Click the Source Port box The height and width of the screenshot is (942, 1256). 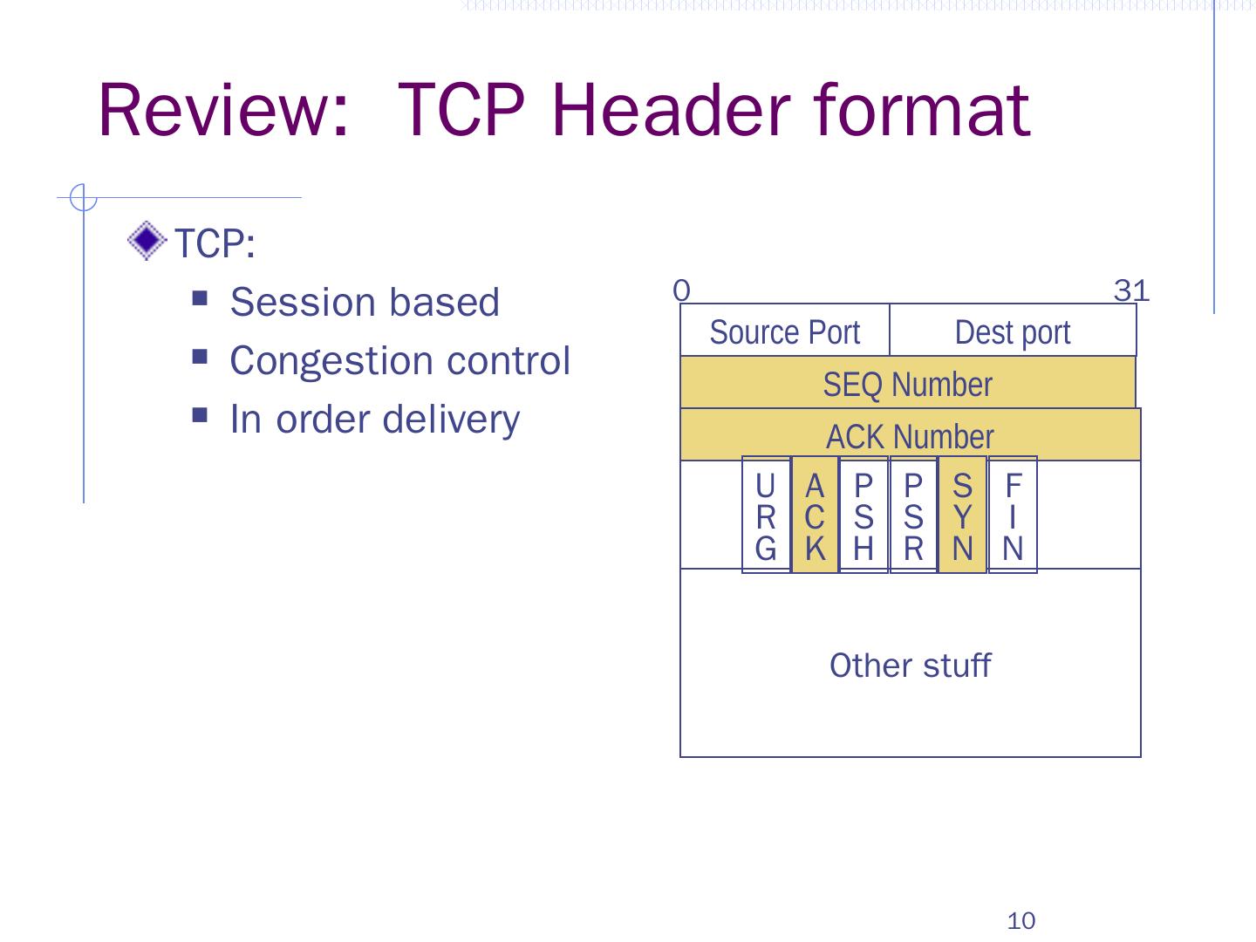[x=784, y=331]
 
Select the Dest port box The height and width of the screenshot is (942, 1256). [x=1013, y=331]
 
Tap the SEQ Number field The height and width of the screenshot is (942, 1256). [x=907, y=384]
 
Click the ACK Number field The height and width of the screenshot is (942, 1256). [x=910, y=436]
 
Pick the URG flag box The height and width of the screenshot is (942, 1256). [x=766, y=515]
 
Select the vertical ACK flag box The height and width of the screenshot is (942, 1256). [x=815, y=515]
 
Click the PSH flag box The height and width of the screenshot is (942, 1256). [x=863, y=515]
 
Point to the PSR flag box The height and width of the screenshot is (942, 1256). [x=913, y=515]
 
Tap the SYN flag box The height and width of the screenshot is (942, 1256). [x=962, y=515]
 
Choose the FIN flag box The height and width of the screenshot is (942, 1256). [x=1013, y=515]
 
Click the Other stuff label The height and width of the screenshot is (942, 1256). [x=910, y=666]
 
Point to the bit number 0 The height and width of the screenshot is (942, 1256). [x=682, y=290]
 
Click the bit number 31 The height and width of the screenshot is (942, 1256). [x=1131, y=290]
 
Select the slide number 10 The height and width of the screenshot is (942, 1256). [x=1020, y=920]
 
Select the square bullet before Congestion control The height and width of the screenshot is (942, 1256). [x=201, y=358]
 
